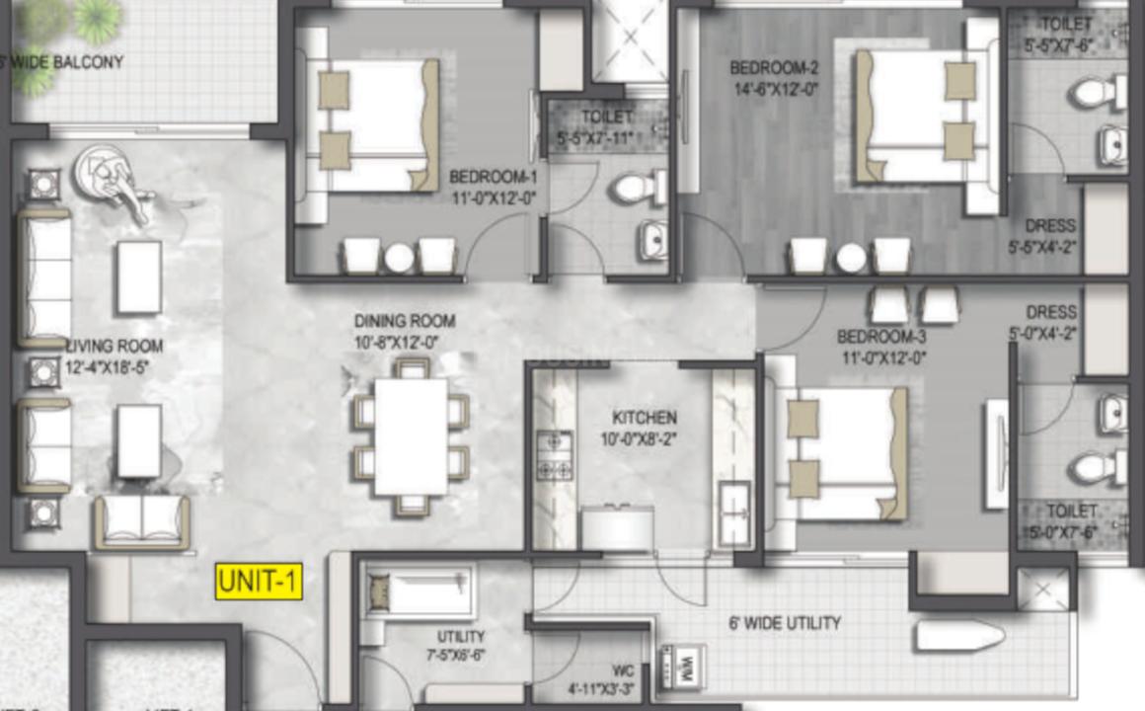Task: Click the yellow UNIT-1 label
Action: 259,582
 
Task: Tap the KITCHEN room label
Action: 644,417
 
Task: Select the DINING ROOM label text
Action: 405,321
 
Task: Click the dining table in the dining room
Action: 412,435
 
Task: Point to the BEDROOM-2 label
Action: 775,68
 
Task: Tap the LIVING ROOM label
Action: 114,347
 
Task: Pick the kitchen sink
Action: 733,512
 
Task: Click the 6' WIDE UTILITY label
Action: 785,623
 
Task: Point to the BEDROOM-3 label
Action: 881,337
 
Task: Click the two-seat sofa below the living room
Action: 142,520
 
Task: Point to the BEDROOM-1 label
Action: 493,178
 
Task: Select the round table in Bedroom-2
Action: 851,258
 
